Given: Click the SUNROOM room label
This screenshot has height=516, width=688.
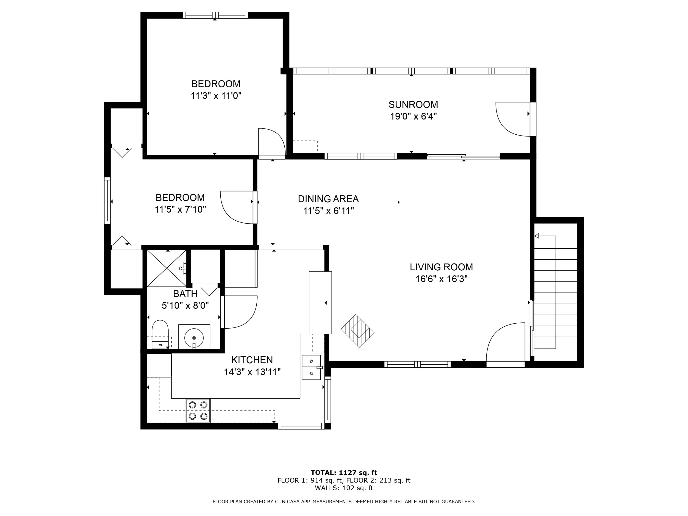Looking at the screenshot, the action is pos(413,105).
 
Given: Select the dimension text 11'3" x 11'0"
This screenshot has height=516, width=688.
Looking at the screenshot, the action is pos(216,95).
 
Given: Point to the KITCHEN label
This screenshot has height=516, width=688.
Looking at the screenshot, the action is pos(252,360).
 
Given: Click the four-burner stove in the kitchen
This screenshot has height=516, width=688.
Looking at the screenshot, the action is pos(198,410).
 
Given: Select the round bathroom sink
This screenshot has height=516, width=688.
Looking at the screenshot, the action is pos(194,337).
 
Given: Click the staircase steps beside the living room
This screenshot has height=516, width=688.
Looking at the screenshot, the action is pos(555,292).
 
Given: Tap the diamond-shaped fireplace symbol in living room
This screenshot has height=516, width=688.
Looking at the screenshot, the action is pos(357,331).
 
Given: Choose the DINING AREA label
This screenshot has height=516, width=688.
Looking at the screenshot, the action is pos(328,199).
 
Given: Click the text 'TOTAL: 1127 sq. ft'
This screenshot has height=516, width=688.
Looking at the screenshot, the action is pos(344,473).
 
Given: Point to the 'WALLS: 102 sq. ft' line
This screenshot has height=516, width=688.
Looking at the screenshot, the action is pos(344,488).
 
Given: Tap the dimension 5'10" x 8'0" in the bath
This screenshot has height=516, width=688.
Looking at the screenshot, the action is pos(185,305).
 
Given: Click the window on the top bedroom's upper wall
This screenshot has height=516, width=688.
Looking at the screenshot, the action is pos(215,15).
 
